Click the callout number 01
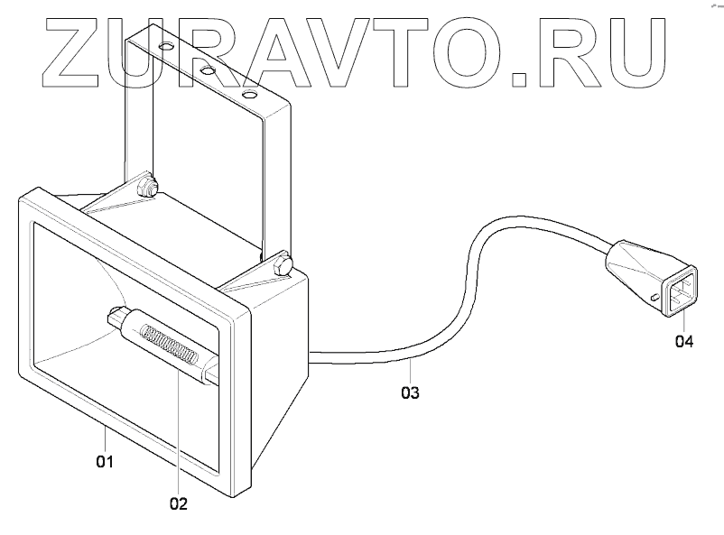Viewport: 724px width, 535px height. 105,462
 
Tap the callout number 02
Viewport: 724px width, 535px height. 178,503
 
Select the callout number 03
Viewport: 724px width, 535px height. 410,392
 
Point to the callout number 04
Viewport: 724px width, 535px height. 683,342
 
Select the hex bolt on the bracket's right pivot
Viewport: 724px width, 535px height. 283,266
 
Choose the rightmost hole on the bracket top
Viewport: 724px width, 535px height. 249,93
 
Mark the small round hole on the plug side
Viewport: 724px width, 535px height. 653,297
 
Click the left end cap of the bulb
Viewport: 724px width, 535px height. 116,317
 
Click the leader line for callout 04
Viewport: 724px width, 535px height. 683,320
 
